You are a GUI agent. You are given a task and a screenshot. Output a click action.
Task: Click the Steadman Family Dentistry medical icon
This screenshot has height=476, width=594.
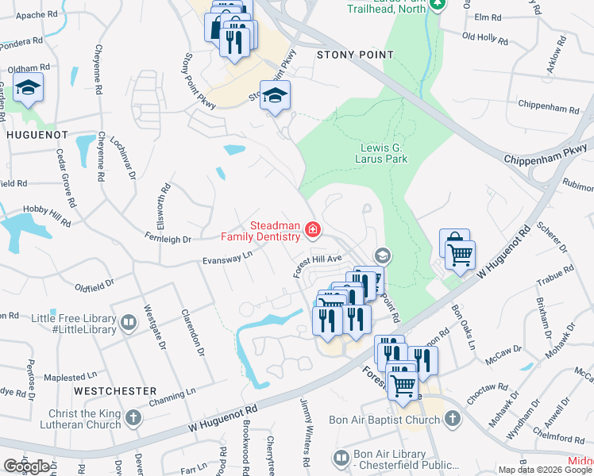pos(313,231)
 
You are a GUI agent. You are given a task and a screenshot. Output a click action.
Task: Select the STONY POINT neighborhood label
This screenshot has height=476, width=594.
pos(355,55)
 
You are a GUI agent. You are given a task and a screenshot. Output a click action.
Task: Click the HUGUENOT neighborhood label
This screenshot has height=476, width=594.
pos(37,135)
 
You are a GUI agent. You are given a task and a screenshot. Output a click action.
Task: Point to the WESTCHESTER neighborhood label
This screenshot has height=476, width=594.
pos(115,391)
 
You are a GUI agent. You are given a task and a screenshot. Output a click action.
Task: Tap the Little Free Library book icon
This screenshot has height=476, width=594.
pos(128,323)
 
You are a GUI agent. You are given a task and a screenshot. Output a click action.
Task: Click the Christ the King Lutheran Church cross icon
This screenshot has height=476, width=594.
pos(133,418)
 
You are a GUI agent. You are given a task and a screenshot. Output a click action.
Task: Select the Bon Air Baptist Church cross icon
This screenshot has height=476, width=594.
pos(452,419)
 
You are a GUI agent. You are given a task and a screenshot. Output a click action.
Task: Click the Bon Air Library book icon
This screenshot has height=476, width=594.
pos(341,459)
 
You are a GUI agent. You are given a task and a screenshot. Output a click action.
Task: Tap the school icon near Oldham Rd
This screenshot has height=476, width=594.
pos(29,89)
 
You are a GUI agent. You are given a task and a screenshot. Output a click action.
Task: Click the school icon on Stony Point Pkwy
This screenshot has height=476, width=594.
pos(276,97)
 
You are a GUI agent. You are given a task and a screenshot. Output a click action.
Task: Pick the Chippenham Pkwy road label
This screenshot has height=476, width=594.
pos(548,153)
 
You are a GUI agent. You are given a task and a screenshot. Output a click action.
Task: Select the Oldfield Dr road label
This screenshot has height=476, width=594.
pos(94,282)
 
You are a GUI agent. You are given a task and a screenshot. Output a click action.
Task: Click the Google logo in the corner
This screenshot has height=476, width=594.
pos(26,466)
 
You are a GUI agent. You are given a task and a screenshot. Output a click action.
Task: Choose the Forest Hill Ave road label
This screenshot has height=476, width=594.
pos(317,264)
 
